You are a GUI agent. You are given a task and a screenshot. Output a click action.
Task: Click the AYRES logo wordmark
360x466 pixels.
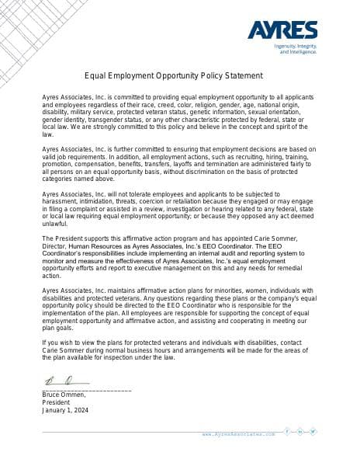pyautogui.click(x=282, y=30)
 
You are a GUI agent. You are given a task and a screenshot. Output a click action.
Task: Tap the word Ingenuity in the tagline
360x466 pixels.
pyautogui.click(x=286, y=47)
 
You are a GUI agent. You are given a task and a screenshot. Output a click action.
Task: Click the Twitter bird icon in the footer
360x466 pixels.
pyautogui.click(x=313, y=432)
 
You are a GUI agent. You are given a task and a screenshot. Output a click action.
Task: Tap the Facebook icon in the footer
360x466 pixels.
pyautogui.click(x=287, y=432)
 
